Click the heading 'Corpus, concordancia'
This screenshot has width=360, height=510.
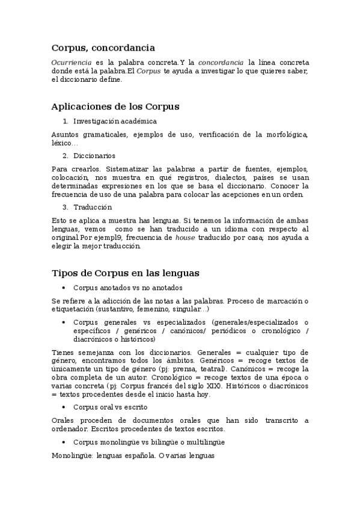pos(103,47)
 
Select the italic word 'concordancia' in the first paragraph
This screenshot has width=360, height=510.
pos(221,63)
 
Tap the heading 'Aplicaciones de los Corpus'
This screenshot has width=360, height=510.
pos(115,106)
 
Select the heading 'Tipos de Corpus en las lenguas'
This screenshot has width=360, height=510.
pos(126,273)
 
